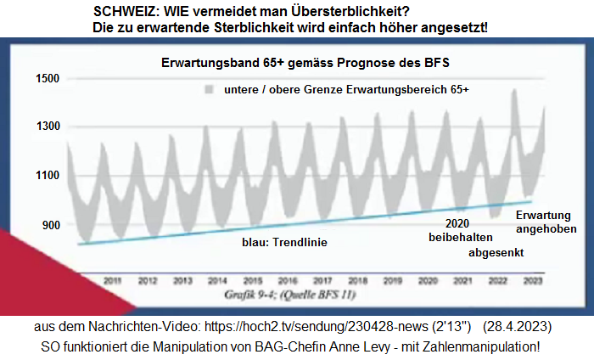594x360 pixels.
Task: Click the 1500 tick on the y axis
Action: (48, 79)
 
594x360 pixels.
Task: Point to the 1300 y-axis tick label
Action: (48, 127)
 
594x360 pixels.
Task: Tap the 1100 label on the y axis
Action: (48, 176)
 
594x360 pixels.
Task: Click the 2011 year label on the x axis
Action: (111, 279)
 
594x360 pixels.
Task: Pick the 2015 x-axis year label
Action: (252, 279)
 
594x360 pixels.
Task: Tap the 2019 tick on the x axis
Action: (392, 279)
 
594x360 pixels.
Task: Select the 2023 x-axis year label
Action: (533, 279)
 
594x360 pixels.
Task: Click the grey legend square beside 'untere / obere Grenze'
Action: (208, 89)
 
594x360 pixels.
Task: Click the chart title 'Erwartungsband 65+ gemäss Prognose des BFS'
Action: (305, 64)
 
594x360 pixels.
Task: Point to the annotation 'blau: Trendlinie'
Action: (283, 242)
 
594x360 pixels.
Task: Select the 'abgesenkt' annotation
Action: (496, 253)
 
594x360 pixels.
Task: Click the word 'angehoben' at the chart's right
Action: (547, 229)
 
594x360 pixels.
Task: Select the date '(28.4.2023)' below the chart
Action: (518, 327)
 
